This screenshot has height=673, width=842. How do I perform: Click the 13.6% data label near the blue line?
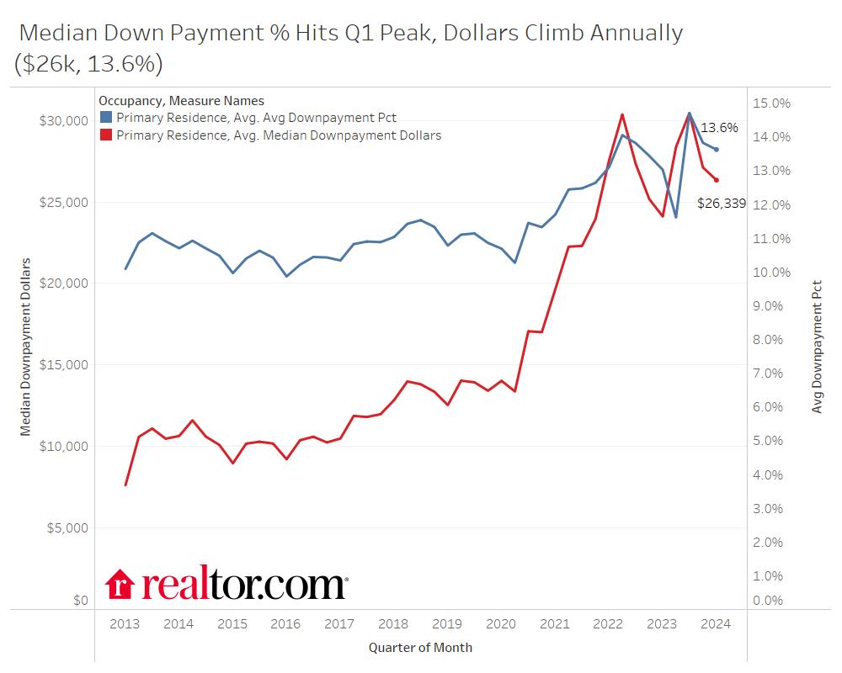[719, 128]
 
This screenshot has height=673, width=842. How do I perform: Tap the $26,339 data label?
[722, 203]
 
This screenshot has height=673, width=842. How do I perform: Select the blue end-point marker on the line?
[717, 150]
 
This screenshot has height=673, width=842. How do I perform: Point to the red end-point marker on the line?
[717, 180]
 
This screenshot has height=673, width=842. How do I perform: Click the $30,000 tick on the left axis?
[64, 120]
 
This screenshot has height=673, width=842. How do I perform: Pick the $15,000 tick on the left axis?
[64, 365]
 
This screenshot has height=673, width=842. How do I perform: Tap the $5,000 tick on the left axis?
[67, 528]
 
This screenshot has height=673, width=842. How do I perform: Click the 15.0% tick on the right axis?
[771, 103]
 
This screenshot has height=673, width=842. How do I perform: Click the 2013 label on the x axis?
[125, 624]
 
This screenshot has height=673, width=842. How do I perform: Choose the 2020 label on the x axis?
[501, 624]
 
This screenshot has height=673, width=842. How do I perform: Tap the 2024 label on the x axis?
[716, 624]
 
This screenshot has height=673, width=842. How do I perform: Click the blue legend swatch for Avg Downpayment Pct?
[106, 117]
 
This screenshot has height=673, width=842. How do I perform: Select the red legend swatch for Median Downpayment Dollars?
[106, 135]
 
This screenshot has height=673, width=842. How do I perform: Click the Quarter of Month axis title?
[420, 648]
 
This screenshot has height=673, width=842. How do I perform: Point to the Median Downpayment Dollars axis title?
[25, 347]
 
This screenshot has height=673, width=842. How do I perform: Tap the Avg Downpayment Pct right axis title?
[817, 347]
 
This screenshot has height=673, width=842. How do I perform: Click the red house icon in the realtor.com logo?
[120, 585]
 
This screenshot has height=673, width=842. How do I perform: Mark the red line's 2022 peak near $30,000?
[621, 114]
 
